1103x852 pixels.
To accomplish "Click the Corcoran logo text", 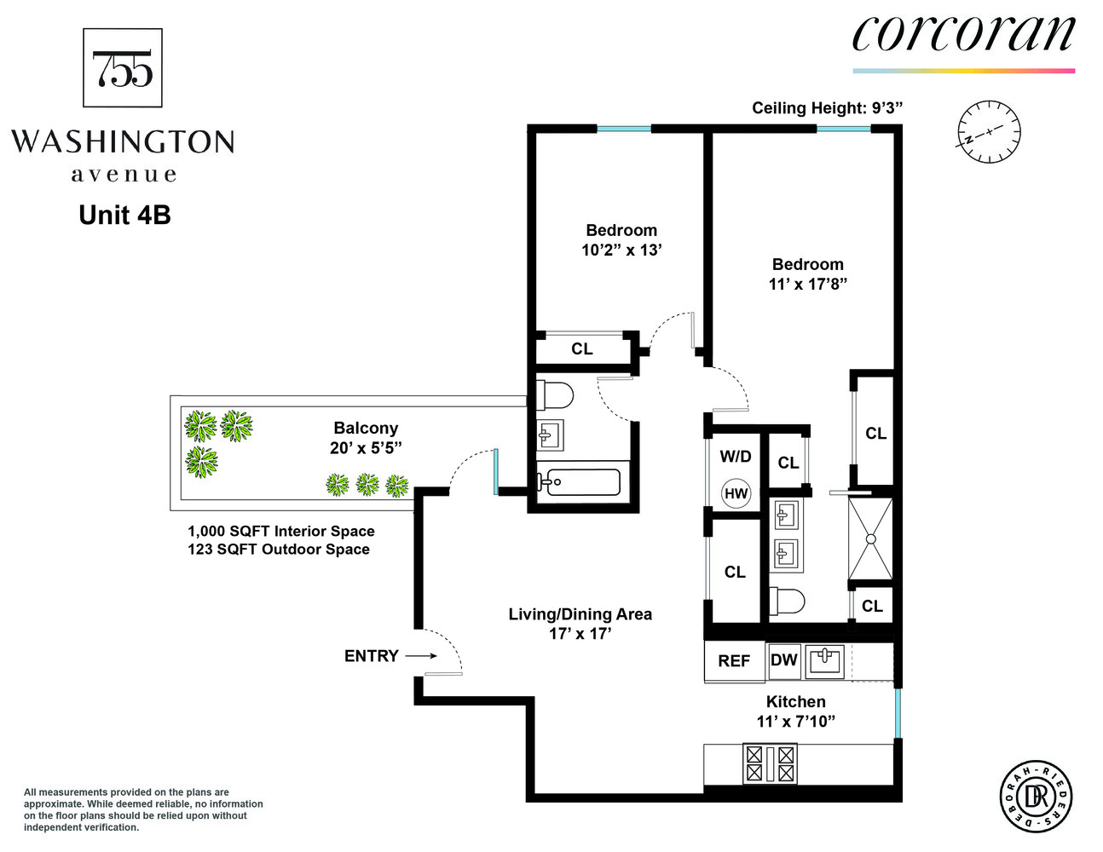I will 963,35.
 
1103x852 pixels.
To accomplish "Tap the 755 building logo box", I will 123,68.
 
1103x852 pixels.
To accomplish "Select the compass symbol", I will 989,132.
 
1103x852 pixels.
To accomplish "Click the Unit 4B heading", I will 124,215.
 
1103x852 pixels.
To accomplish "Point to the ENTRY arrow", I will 421,656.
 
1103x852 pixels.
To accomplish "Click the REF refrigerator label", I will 734,661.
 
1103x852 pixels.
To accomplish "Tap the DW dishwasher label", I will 783,660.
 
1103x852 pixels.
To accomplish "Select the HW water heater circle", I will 736,493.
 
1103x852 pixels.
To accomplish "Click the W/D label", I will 736,457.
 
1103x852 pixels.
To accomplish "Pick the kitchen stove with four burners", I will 770,763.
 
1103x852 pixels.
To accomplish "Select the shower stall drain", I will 870,538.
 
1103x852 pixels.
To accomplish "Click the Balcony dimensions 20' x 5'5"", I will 366,448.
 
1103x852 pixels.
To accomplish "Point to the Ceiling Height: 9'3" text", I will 827,108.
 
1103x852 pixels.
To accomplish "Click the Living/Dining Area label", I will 580,614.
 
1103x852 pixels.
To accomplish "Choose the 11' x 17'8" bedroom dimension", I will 807,285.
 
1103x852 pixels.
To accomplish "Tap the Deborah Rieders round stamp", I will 1036,797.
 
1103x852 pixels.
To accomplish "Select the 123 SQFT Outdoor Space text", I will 279,550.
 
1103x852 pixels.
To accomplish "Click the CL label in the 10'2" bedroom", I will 582,348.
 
